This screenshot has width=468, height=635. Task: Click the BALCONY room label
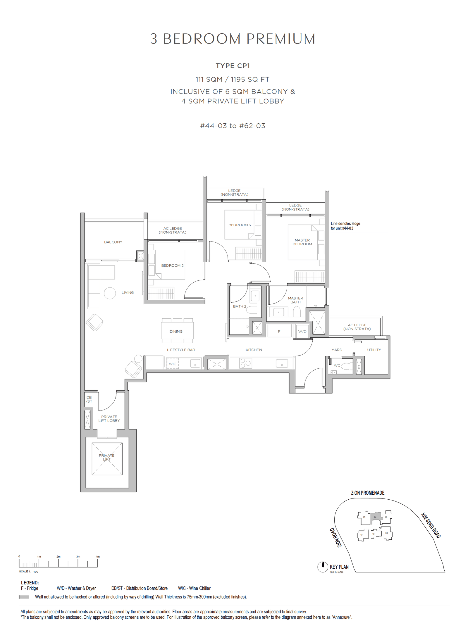coord(113,242)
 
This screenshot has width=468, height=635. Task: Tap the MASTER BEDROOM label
coord(302,242)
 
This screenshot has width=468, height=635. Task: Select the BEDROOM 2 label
coord(172,265)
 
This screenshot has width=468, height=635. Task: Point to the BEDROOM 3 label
coord(240,225)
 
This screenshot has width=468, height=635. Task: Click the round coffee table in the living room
coord(110,293)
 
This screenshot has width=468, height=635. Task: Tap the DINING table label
coord(176,332)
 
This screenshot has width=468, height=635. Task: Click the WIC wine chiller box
coord(173,364)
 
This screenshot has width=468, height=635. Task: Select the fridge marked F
coord(279,332)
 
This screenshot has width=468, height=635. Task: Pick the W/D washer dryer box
coord(302,332)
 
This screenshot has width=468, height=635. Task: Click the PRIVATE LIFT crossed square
coord(107,459)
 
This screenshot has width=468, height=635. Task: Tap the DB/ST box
coord(89,399)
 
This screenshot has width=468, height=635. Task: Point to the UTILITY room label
coord(374,350)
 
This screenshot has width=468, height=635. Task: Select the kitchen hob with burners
coord(245,363)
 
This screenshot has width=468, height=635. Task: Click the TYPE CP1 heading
coord(233,66)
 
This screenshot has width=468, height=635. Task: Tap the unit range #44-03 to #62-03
coord(233,126)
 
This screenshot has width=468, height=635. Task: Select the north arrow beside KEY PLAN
coord(323,567)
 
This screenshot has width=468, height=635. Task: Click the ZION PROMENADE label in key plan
coord(368,493)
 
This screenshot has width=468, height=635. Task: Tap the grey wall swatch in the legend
coord(24,597)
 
